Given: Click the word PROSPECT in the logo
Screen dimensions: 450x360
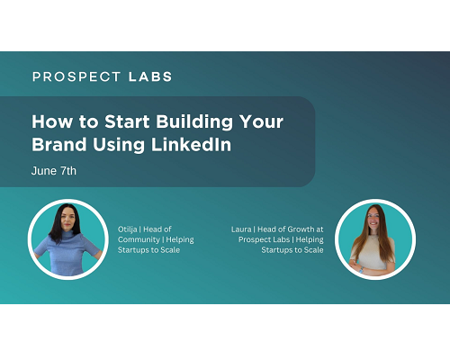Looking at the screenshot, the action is point(76,76).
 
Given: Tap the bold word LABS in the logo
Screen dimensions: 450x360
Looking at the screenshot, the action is point(150,76).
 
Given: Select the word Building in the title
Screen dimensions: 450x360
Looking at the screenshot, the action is point(194,122).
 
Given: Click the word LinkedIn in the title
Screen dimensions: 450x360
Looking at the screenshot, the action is point(191,144).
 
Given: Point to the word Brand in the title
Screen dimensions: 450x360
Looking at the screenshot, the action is point(59,144).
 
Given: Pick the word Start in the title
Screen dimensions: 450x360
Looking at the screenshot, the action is point(127,121).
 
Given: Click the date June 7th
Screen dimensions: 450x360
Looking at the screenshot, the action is point(54,171).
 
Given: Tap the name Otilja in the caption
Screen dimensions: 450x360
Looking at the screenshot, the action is point(128,229).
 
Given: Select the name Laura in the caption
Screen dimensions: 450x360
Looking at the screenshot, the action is point(241,229).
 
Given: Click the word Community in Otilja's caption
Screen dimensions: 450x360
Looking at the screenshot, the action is point(139,239).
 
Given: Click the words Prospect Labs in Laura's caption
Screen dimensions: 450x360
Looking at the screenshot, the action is point(264,239).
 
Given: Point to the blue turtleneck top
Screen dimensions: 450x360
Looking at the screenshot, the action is point(67,252).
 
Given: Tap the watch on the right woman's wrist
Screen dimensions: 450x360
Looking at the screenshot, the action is point(361,270).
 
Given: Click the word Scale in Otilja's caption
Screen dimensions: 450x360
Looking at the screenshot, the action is point(170,250).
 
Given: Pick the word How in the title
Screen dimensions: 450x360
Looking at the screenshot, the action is point(52,121).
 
